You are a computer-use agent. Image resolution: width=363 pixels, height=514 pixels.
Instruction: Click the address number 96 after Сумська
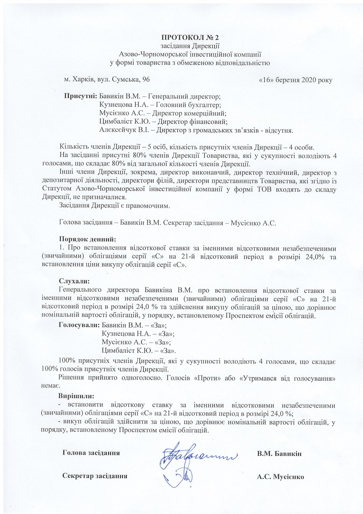click(146, 79)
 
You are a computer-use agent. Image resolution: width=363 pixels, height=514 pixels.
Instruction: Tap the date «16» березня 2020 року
click(296, 80)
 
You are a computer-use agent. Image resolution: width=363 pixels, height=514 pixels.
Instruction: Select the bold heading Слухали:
click(74, 281)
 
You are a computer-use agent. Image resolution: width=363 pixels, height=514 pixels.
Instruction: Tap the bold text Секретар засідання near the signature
click(95, 476)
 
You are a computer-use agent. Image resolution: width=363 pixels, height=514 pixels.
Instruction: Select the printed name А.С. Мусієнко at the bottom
click(280, 477)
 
